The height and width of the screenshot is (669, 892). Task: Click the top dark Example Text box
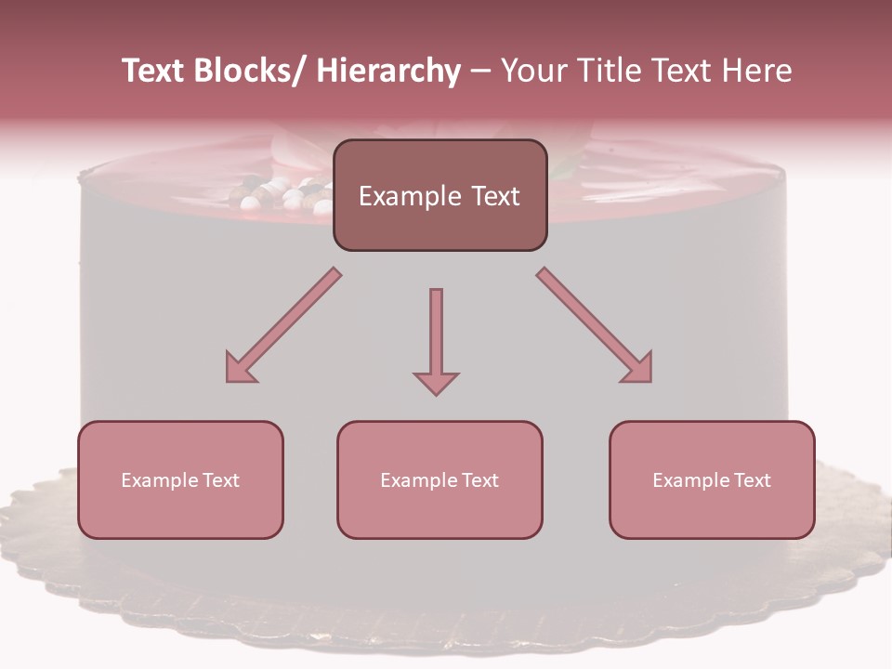[439, 195]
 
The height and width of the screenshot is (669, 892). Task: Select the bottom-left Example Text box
[180, 479]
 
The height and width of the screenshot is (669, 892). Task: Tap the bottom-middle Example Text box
[439, 479]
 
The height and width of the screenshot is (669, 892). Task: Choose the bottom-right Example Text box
[712, 479]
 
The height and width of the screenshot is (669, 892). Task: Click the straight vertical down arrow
[436, 340]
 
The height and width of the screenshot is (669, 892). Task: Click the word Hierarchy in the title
[388, 71]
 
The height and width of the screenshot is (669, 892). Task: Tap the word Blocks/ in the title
[253, 71]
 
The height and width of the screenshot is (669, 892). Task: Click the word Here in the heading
[758, 71]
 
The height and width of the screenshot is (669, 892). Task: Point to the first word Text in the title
[154, 71]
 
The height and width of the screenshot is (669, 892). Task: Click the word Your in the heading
[531, 71]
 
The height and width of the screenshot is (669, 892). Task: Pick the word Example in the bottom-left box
[160, 480]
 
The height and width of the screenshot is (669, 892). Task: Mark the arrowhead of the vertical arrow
[436, 382]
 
